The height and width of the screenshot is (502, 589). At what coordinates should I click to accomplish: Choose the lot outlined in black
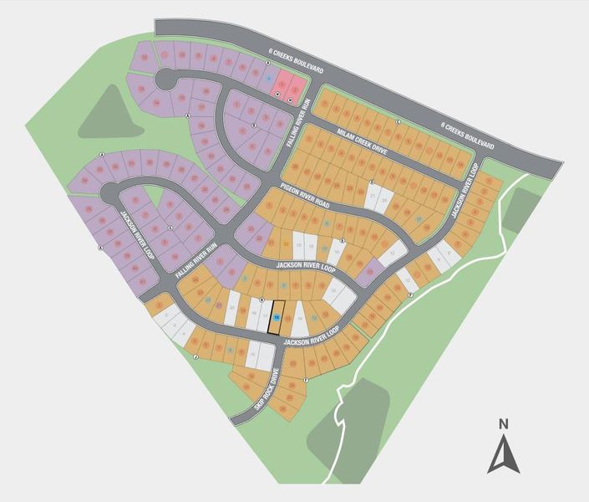click(x=277, y=319)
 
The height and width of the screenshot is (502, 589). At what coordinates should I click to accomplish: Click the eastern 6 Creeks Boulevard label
click(x=467, y=136)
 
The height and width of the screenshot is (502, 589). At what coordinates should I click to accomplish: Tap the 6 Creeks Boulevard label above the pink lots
click(x=291, y=64)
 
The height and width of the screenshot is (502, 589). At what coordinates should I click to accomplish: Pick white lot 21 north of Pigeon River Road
click(x=373, y=198)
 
